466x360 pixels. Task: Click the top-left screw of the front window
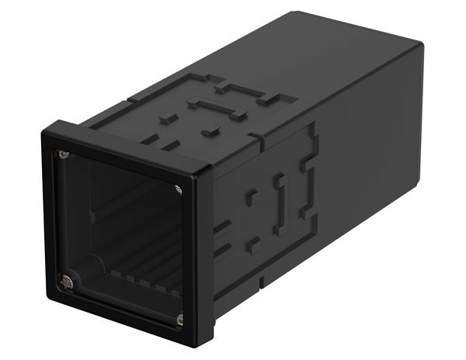(x=64, y=154)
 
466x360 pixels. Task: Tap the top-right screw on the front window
(x=179, y=189)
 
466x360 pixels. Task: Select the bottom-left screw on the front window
(x=67, y=283)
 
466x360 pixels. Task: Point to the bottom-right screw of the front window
(x=180, y=318)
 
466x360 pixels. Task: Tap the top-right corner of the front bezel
(x=211, y=169)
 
